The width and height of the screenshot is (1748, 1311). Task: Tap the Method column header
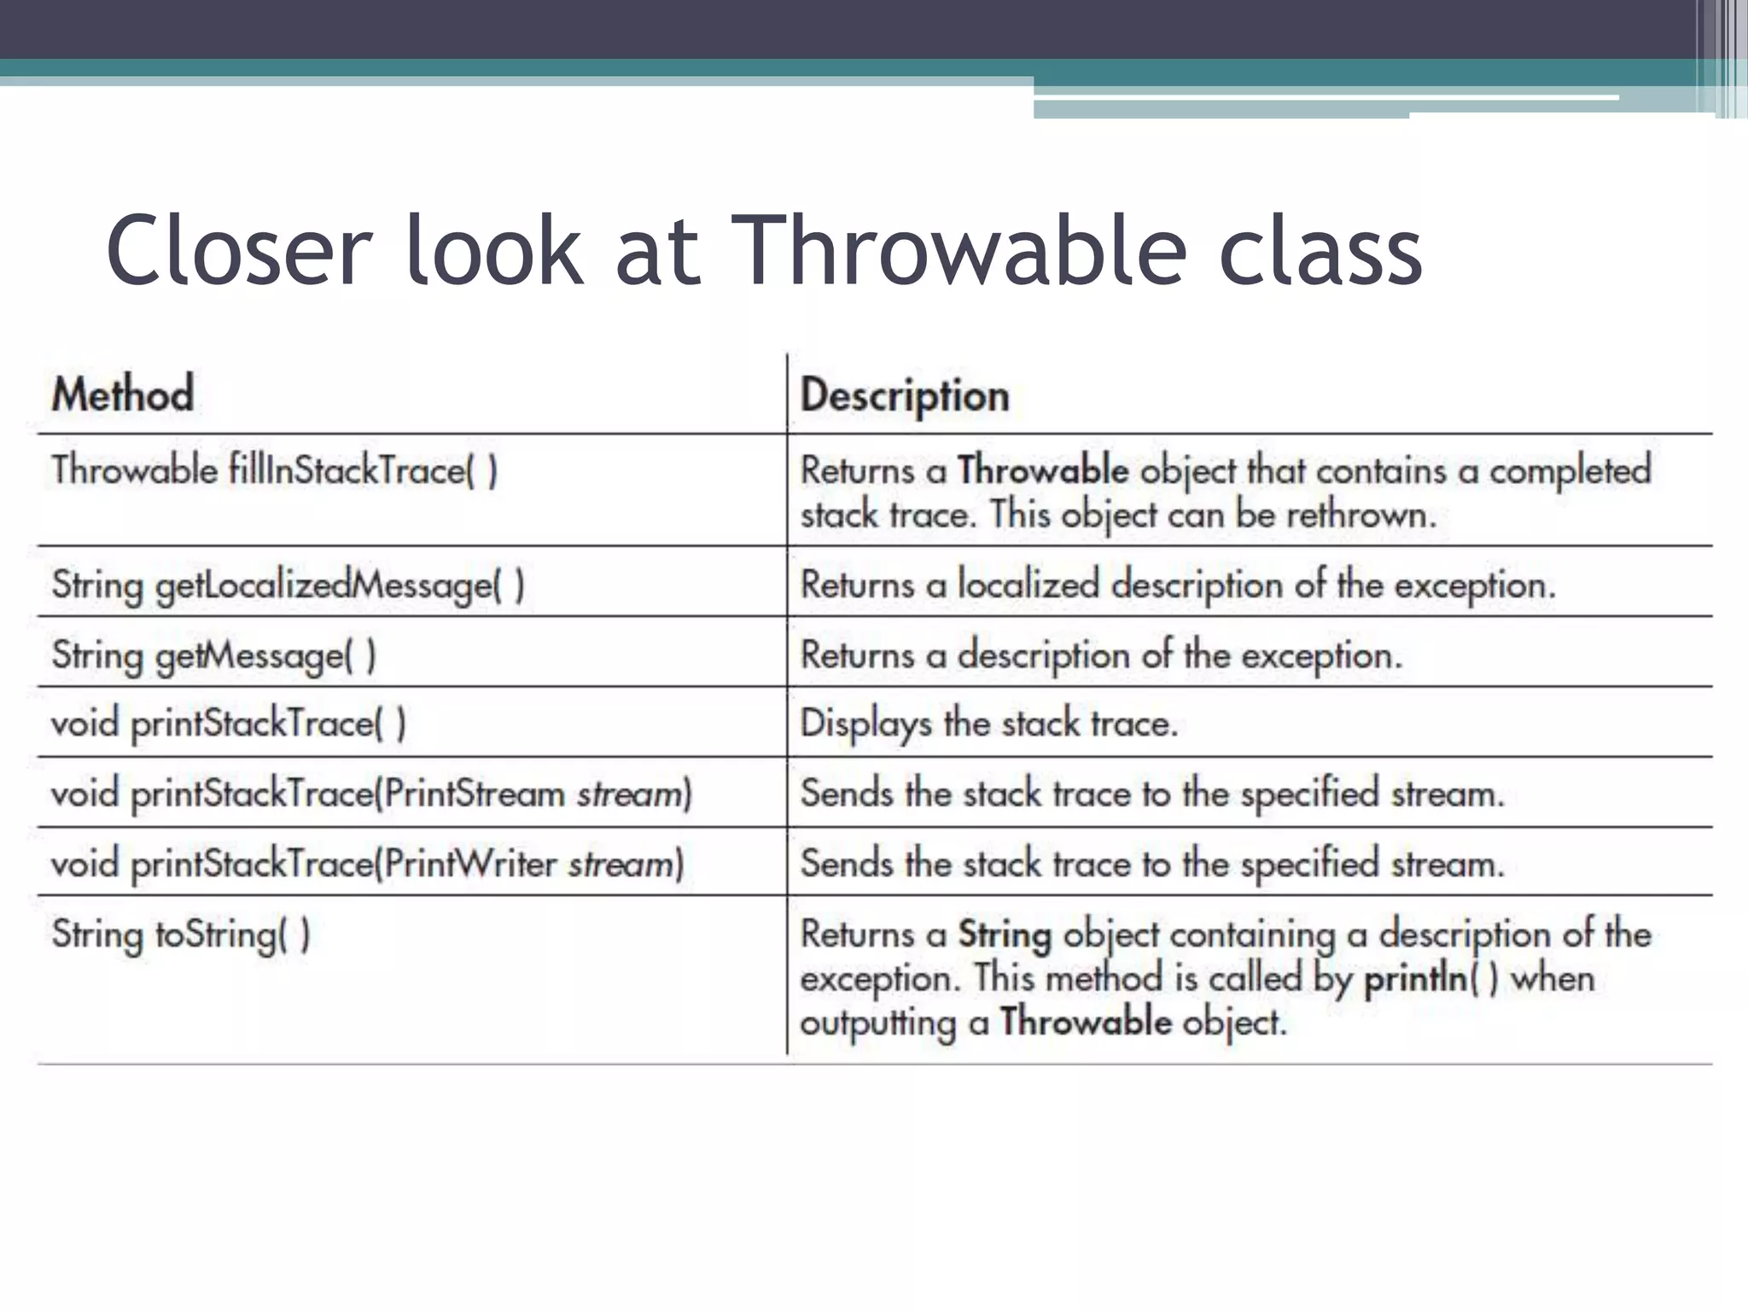click(x=123, y=394)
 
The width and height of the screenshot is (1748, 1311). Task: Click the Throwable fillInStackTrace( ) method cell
click(x=274, y=470)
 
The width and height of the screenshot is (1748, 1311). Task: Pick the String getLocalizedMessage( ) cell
click(x=288, y=586)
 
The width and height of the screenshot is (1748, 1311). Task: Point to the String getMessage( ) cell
click(x=213, y=655)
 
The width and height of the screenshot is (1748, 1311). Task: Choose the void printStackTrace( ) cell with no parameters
click(x=228, y=724)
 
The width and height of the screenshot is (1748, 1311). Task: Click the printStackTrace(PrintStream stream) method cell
click(x=371, y=794)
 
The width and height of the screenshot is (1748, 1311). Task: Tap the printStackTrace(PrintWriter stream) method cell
click(x=367, y=864)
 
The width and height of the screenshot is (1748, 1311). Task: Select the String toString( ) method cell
click(x=180, y=934)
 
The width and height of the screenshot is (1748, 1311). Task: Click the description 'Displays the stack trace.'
click(x=988, y=724)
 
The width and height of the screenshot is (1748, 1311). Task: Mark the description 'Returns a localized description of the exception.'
click(x=1178, y=586)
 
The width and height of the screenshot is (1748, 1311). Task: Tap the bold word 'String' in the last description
click(x=1005, y=934)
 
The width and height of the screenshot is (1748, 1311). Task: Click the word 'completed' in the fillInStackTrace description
click(x=1570, y=470)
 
